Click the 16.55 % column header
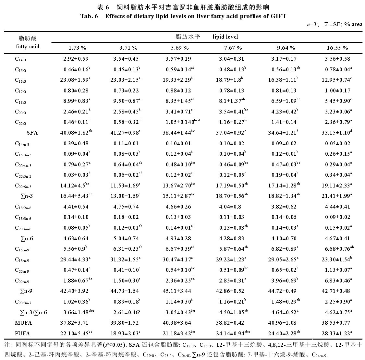[337, 48]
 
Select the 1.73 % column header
[77, 48]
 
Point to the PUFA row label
[22, 333]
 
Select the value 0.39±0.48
[75, 143]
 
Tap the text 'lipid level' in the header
[225, 37]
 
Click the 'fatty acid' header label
[28, 46]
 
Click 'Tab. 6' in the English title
[89, 16]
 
